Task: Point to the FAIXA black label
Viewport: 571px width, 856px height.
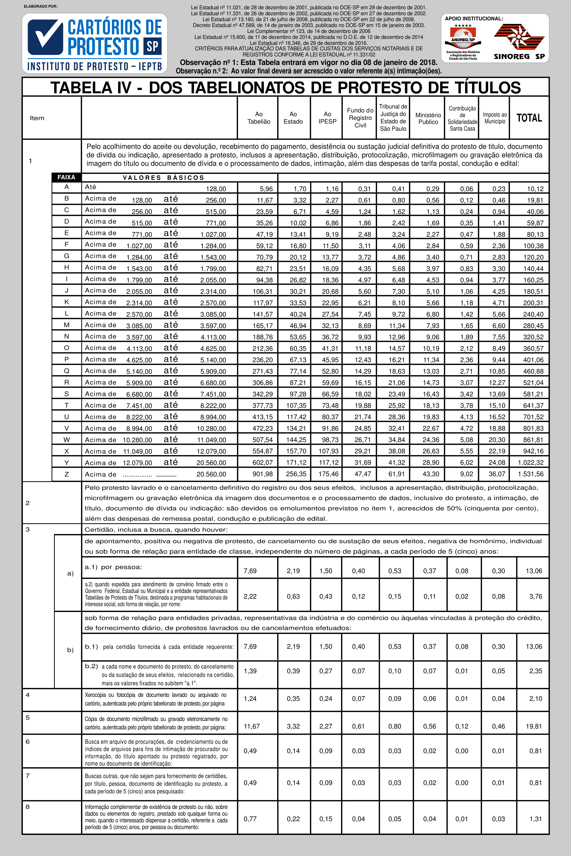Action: click(x=66, y=177)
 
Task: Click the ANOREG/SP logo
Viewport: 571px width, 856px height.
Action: click(x=463, y=42)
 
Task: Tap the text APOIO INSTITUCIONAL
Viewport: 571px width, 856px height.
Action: click(x=474, y=18)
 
